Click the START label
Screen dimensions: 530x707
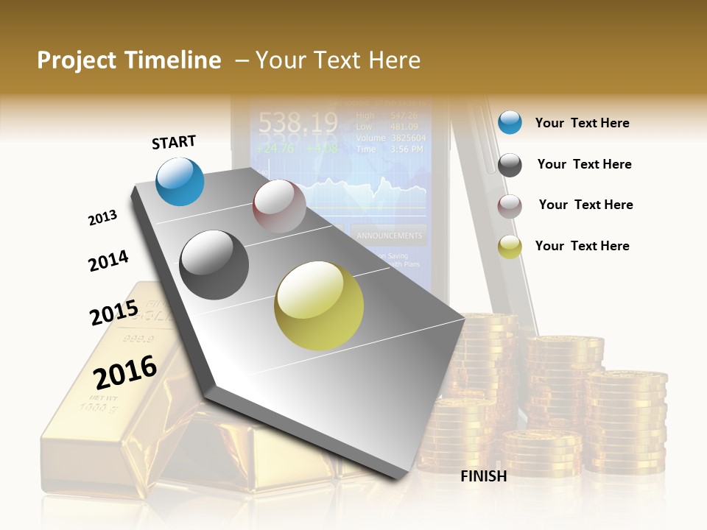(x=174, y=142)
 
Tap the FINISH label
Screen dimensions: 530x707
(x=483, y=476)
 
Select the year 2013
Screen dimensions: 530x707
(x=102, y=218)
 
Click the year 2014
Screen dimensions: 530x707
(x=108, y=261)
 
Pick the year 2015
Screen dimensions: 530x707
(x=113, y=313)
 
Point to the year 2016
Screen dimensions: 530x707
(x=125, y=372)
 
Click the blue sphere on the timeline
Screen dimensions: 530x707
(x=180, y=181)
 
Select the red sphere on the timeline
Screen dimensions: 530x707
(x=279, y=206)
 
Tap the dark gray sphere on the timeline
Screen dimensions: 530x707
(x=214, y=265)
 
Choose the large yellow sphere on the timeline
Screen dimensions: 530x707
(x=319, y=305)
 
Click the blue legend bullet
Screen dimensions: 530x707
(x=510, y=122)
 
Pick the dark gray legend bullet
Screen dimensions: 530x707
(x=510, y=165)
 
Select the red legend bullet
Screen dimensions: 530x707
(x=510, y=206)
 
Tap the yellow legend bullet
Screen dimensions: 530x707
(x=510, y=247)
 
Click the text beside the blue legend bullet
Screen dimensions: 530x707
(x=582, y=123)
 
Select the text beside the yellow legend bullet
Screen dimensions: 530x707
(x=582, y=246)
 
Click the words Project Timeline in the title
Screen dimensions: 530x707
(x=129, y=60)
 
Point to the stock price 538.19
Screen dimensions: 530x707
(x=298, y=121)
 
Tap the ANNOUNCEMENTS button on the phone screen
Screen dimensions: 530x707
(x=390, y=236)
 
